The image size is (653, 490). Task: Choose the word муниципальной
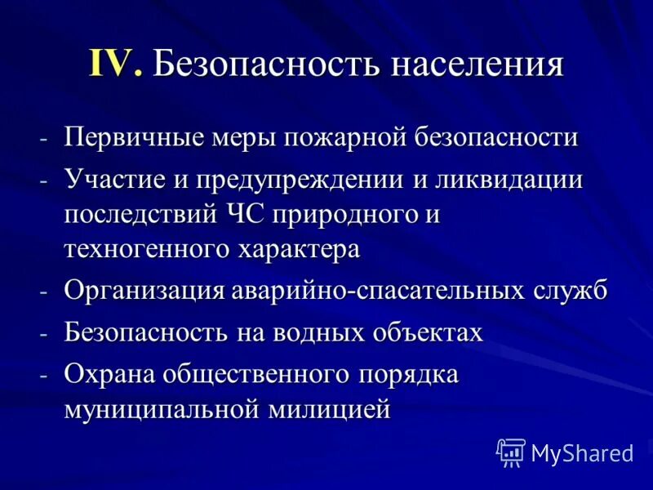162,408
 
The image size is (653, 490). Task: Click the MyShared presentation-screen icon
510,452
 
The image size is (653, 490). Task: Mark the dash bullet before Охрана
45,374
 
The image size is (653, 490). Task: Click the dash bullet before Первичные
45,137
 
